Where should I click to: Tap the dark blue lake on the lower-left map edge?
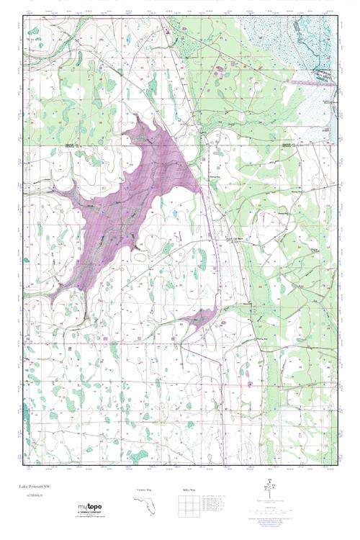coord(24,414)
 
